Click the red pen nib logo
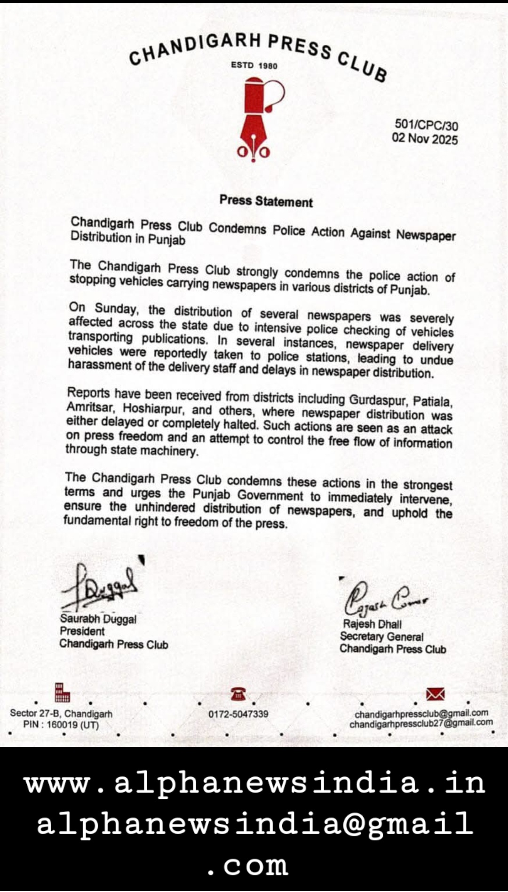click(254, 120)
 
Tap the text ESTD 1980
click(254, 65)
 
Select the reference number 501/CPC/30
click(426, 125)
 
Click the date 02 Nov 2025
click(425, 139)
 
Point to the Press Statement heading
click(266, 201)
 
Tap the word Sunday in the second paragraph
click(116, 309)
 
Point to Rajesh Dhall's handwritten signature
click(383, 599)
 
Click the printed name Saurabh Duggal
click(98, 619)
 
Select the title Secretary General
click(381, 637)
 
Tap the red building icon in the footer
click(62, 693)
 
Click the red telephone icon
click(238, 693)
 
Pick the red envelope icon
click(435, 694)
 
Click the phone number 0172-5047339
click(238, 714)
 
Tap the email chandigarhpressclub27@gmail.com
click(421, 723)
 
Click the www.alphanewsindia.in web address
click(254, 783)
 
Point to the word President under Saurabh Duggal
click(82, 631)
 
